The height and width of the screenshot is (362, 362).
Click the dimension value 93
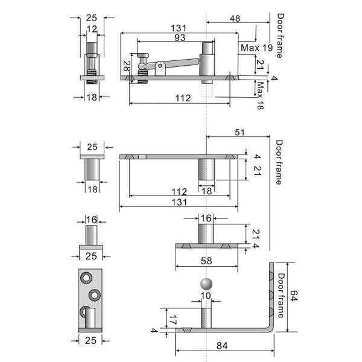coord(180,37)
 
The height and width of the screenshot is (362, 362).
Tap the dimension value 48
coord(235,19)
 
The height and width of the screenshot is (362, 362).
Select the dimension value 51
coord(240,132)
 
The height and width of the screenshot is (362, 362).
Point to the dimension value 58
coord(206,261)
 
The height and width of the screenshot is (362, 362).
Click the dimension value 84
coord(222,346)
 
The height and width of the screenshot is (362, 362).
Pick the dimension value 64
coord(294,296)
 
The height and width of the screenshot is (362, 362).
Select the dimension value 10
coord(206,296)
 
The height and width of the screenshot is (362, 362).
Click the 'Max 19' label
coord(257,48)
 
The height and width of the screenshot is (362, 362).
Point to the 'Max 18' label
coord(260,95)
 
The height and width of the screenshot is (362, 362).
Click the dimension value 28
coord(127,66)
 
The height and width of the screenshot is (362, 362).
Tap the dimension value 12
coord(92,29)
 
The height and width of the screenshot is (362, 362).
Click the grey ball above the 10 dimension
coord(206,284)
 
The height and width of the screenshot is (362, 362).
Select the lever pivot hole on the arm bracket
coord(160,66)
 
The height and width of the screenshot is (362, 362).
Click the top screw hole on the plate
coord(86,278)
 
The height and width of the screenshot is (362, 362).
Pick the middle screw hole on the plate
coord(95,295)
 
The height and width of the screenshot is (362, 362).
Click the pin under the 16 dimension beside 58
coord(206,233)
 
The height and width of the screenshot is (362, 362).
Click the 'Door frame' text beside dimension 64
coord(281,296)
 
